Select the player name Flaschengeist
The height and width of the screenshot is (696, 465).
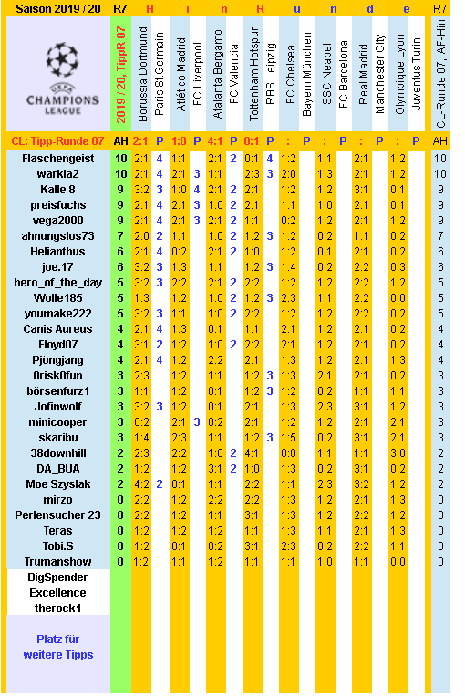pyautogui.click(x=57, y=158)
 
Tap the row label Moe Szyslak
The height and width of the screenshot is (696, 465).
pyautogui.click(x=57, y=483)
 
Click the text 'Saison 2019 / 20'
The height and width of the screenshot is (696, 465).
pyautogui.click(x=57, y=8)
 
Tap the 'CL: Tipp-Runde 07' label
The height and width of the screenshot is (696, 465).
pyautogui.click(x=57, y=140)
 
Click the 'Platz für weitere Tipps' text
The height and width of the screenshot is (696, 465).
pyautogui.click(x=57, y=647)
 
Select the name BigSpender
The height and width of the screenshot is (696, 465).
pyautogui.click(x=57, y=577)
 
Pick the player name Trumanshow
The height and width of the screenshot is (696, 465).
pyautogui.click(x=57, y=561)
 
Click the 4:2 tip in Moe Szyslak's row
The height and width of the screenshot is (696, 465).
pyautogui.click(x=141, y=483)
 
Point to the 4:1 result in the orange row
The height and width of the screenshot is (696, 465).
pyautogui.click(x=215, y=140)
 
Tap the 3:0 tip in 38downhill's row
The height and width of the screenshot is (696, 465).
pyautogui.click(x=398, y=452)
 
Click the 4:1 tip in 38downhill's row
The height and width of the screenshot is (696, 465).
pyautogui.click(x=253, y=452)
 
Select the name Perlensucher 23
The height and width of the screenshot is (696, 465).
pyautogui.click(x=57, y=514)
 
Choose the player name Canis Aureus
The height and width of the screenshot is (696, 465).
pyautogui.click(x=57, y=328)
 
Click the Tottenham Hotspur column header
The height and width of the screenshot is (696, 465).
pyautogui.click(x=253, y=75)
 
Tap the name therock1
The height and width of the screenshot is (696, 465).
pyautogui.click(x=57, y=608)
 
